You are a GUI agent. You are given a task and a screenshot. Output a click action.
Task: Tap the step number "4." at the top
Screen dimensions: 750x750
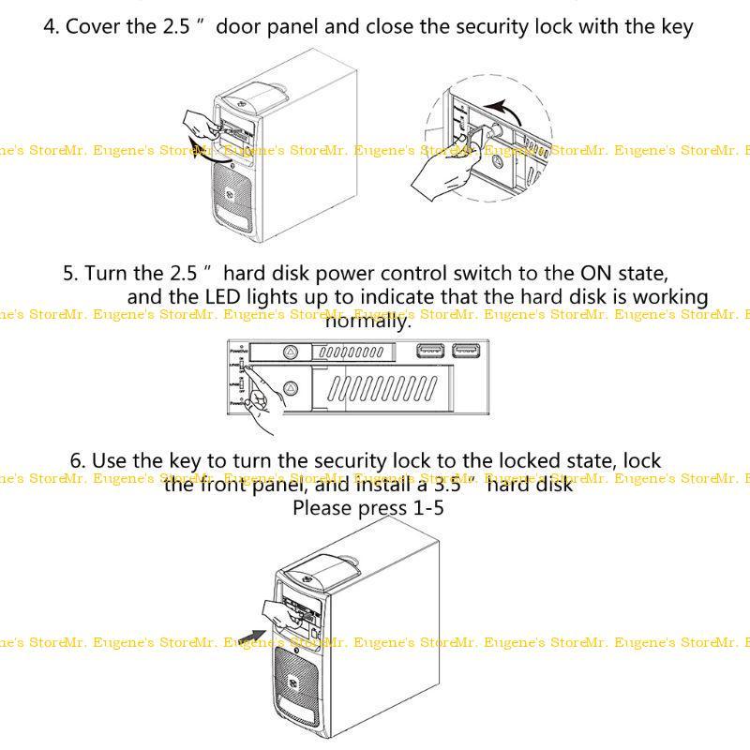[x=52, y=26]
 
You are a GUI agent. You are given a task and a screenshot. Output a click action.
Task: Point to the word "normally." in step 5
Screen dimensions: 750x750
[x=367, y=322]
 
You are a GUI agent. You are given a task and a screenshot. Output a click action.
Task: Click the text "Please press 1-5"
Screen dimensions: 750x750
[x=367, y=508]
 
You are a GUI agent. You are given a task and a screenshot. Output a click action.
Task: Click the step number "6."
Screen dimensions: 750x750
[x=79, y=461]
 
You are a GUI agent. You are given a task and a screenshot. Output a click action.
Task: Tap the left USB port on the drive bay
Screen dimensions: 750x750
[x=430, y=352]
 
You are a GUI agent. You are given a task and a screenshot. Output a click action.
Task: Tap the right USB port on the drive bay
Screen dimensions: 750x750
[x=467, y=352]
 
